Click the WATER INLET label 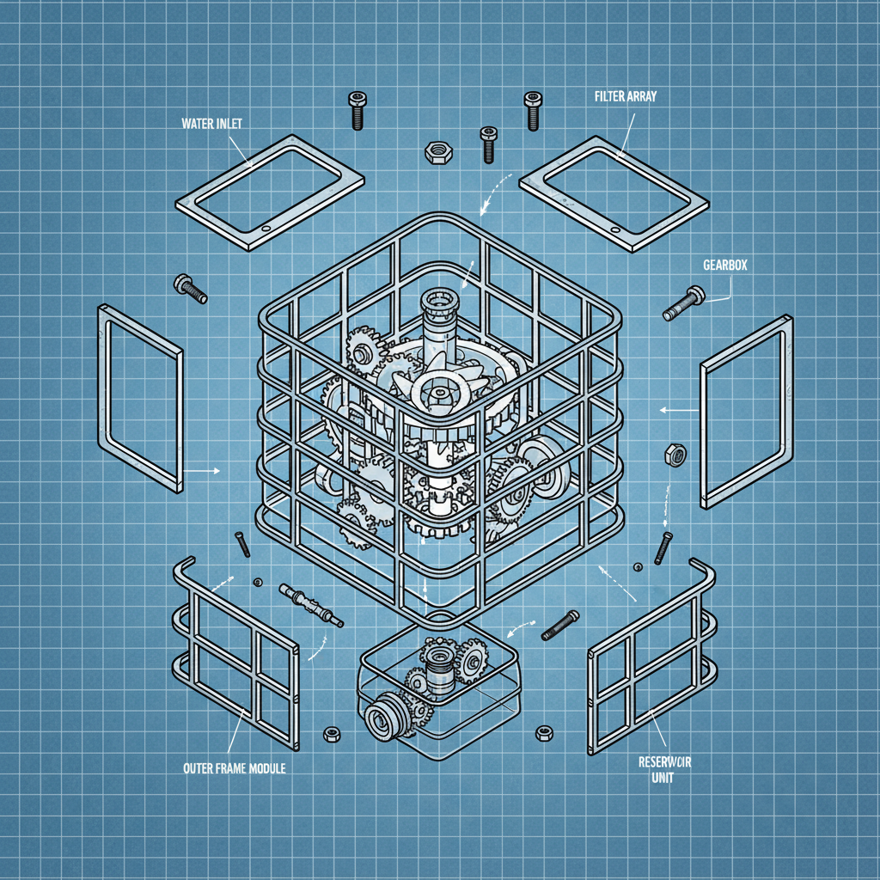pyautogui.click(x=211, y=124)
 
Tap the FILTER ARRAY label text pyautogui.click(x=625, y=97)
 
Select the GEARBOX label pyautogui.click(x=725, y=266)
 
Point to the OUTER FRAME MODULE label pyautogui.click(x=234, y=767)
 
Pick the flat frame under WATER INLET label pyautogui.click(x=268, y=191)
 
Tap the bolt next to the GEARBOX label pyautogui.click(x=683, y=302)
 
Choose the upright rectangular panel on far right pyautogui.click(x=747, y=409)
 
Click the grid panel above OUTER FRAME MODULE pyautogui.click(x=236, y=655)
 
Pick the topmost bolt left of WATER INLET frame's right pyautogui.click(x=357, y=109)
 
